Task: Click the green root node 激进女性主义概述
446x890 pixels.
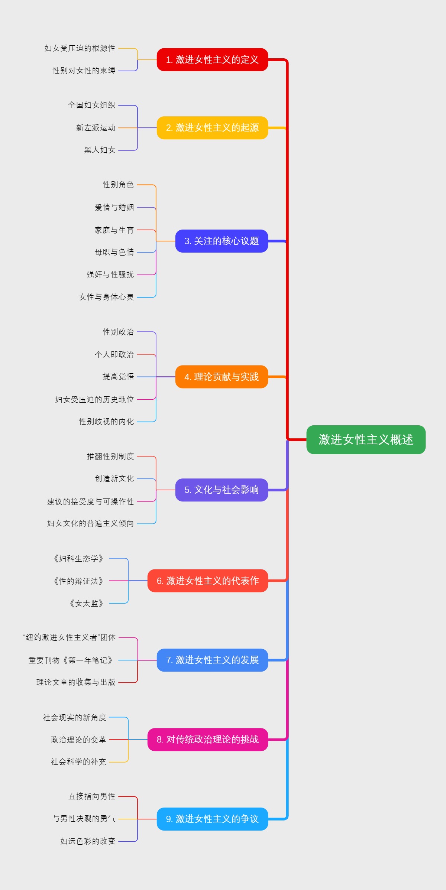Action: tap(366, 439)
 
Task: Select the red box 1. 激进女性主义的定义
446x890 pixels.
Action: tap(212, 59)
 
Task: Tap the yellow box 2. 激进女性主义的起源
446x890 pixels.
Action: tap(212, 128)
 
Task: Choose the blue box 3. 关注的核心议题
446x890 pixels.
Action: tap(222, 241)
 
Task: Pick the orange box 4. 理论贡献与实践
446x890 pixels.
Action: tap(222, 377)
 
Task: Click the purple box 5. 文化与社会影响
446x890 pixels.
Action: tap(222, 490)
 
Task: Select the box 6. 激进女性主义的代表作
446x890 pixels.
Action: tap(208, 581)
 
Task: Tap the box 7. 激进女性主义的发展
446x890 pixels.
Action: tap(212, 660)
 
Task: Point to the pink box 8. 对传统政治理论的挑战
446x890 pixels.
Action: tap(208, 740)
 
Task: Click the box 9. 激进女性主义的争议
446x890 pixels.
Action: tap(212, 819)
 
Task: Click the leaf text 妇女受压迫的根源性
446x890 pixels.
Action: tap(80, 48)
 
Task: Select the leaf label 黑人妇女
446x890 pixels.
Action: tap(100, 150)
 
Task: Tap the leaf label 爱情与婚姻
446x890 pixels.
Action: tap(114, 208)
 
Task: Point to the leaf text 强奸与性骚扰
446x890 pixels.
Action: tap(110, 275)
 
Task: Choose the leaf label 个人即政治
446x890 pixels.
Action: tap(114, 354)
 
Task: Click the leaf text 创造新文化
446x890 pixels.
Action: tap(114, 478)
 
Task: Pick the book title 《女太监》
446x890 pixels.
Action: tap(86, 604)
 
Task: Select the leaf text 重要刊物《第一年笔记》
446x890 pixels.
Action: tap(71, 660)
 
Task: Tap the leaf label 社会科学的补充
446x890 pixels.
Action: tap(78, 762)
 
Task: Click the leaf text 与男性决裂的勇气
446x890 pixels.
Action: tap(84, 819)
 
